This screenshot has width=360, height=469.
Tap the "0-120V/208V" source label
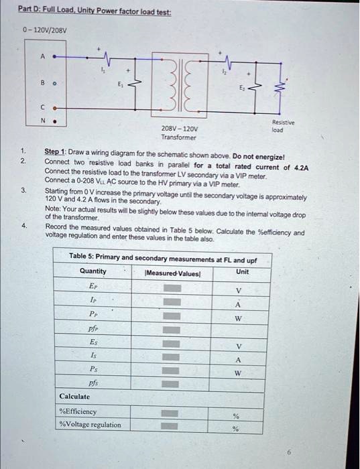44,30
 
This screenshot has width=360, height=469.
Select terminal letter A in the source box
43,57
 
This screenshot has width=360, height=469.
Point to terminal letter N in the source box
44,121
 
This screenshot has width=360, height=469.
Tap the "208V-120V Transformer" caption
179,133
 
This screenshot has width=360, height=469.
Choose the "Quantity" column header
93,271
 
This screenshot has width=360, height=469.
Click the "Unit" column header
242,271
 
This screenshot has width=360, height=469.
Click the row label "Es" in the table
93,341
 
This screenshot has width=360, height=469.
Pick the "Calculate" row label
75,397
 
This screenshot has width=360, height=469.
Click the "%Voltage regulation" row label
91,425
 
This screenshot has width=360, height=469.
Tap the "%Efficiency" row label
78,411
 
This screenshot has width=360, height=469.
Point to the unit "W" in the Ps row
235,370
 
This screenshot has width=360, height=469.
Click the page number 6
290,453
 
